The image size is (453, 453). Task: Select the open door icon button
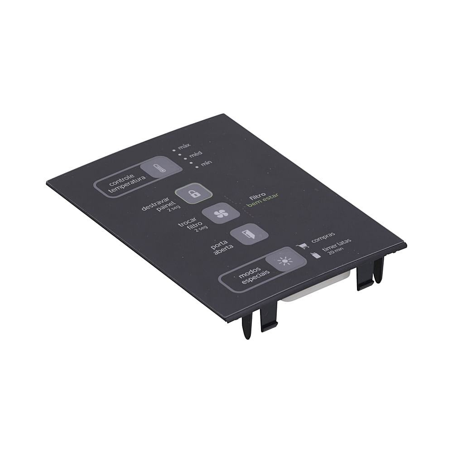click(x=249, y=234)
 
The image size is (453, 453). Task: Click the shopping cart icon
click(x=303, y=246)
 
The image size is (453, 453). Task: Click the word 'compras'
click(x=323, y=237)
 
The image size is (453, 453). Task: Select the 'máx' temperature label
click(x=184, y=146)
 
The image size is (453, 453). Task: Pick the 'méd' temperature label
click(x=196, y=155)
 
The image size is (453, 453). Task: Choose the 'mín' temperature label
click(x=207, y=163)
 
